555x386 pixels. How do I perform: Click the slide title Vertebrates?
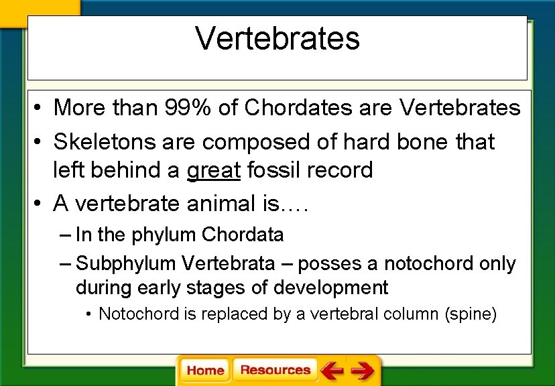pyautogui.click(x=277, y=39)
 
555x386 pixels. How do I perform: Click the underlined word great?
pyautogui.click(x=213, y=170)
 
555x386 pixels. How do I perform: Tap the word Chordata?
pyautogui.click(x=243, y=235)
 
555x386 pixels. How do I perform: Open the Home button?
pyautogui.click(x=205, y=371)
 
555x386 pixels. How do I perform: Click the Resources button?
pyautogui.click(x=275, y=371)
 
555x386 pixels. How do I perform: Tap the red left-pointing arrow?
pyautogui.click(x=332, y=371)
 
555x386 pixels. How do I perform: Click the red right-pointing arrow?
pyautogui.click(x=362, y=371)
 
